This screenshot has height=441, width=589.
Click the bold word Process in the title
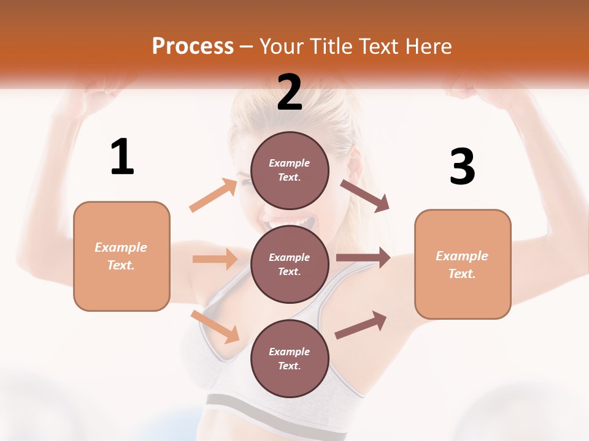point(193,47)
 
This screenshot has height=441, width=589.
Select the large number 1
point(122,157)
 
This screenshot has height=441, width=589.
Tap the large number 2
point(290,92)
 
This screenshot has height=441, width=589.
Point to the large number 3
point(462,167)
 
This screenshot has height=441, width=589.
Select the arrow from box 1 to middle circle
point(215,259)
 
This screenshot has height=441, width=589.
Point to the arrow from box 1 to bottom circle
point(215,326)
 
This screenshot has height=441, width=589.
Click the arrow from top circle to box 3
point(365,196)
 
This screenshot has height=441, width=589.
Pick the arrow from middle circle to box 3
point(363,258)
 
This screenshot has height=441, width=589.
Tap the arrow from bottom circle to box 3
point(361,325)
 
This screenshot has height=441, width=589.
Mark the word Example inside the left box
point(121,247)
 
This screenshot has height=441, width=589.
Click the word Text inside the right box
point(462,274)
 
